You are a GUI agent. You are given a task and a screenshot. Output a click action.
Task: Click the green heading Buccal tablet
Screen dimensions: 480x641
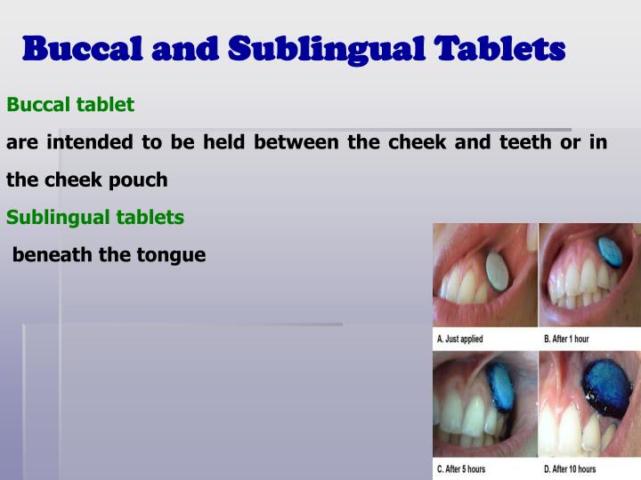pos(70,105)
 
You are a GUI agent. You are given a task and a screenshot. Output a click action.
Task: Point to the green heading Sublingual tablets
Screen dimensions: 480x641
pos(95,217)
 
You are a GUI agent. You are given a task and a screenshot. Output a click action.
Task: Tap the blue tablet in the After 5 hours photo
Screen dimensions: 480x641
pos(500,387)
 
